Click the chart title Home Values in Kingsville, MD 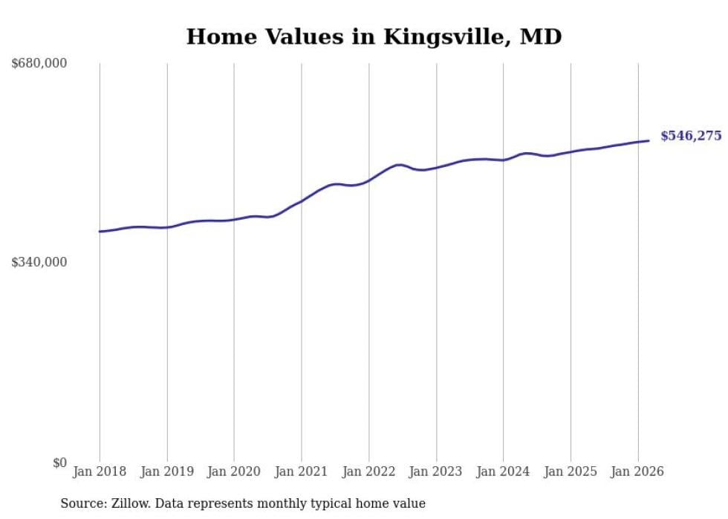coord(374,36)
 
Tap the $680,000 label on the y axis coord(39,63)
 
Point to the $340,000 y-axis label coord(39,262)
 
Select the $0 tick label coord(59,463)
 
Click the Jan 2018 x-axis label coord(100,471)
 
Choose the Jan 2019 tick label coord(167,471)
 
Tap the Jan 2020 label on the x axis coord(234,471)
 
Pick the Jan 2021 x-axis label coord(302,471)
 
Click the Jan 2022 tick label coord(368,471)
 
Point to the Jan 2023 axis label coord(436,471)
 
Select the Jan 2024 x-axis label coord(503,471)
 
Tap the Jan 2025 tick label coord(571,471)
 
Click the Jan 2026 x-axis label coord(637,471)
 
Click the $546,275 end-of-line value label coord(691,136)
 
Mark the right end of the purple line coord(649,140)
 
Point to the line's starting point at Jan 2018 coord(100,232)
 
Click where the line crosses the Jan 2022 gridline coord(368,180)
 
